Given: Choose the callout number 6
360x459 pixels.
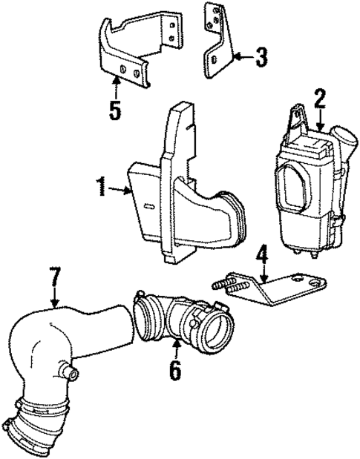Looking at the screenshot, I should point(174,370).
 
